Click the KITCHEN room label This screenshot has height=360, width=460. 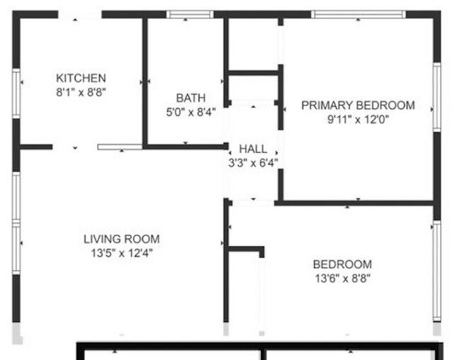point(81,78)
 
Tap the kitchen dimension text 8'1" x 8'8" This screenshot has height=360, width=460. point(81,91)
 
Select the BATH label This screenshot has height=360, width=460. point(190,98)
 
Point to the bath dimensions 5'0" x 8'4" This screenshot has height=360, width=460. point(190,111)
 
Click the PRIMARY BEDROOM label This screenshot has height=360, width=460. point(357,105)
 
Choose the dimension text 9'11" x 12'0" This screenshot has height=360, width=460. point(357,119)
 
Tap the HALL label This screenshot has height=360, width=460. point(253,149)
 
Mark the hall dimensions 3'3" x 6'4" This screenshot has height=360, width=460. point(253,163)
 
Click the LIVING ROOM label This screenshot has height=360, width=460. point(121,239)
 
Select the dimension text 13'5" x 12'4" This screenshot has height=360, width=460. point(121,252)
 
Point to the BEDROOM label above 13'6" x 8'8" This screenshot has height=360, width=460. point(342,265)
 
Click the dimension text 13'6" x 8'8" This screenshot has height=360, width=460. point(342,278)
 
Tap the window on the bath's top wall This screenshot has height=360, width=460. point(190,14)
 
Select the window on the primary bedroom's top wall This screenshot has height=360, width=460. point(358,14)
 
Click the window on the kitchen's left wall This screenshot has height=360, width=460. point(16,93)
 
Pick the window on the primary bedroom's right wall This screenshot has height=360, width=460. point(437,97)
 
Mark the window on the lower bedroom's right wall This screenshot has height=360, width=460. point(437,271)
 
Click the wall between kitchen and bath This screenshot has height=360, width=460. point(144,81)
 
